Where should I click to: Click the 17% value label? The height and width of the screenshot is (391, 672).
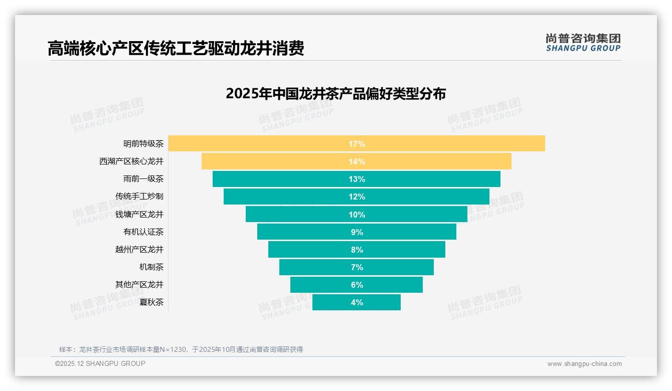(357, 144)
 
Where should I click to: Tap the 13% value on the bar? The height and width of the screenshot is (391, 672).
(357, 179)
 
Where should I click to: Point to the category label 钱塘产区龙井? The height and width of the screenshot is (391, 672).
(139, 214)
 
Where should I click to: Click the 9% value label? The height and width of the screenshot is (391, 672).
(357, 232)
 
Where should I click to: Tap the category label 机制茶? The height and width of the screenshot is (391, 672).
(151, 267)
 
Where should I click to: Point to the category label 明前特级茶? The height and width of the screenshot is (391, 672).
(143, 144)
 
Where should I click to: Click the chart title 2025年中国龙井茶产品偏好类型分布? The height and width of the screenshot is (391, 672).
(335, 94)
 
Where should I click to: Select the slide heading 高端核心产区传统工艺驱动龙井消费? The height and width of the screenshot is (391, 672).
(176, 49)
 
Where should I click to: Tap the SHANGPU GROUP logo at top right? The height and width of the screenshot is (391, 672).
(583, 43)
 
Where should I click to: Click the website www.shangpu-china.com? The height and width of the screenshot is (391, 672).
(584, 364)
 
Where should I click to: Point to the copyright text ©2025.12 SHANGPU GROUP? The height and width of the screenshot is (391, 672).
(100, 363)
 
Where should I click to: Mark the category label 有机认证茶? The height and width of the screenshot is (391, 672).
(143, 232)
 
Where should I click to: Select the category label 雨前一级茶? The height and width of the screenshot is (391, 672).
(143, 179)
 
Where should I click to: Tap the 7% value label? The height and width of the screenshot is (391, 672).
(357, 267)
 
